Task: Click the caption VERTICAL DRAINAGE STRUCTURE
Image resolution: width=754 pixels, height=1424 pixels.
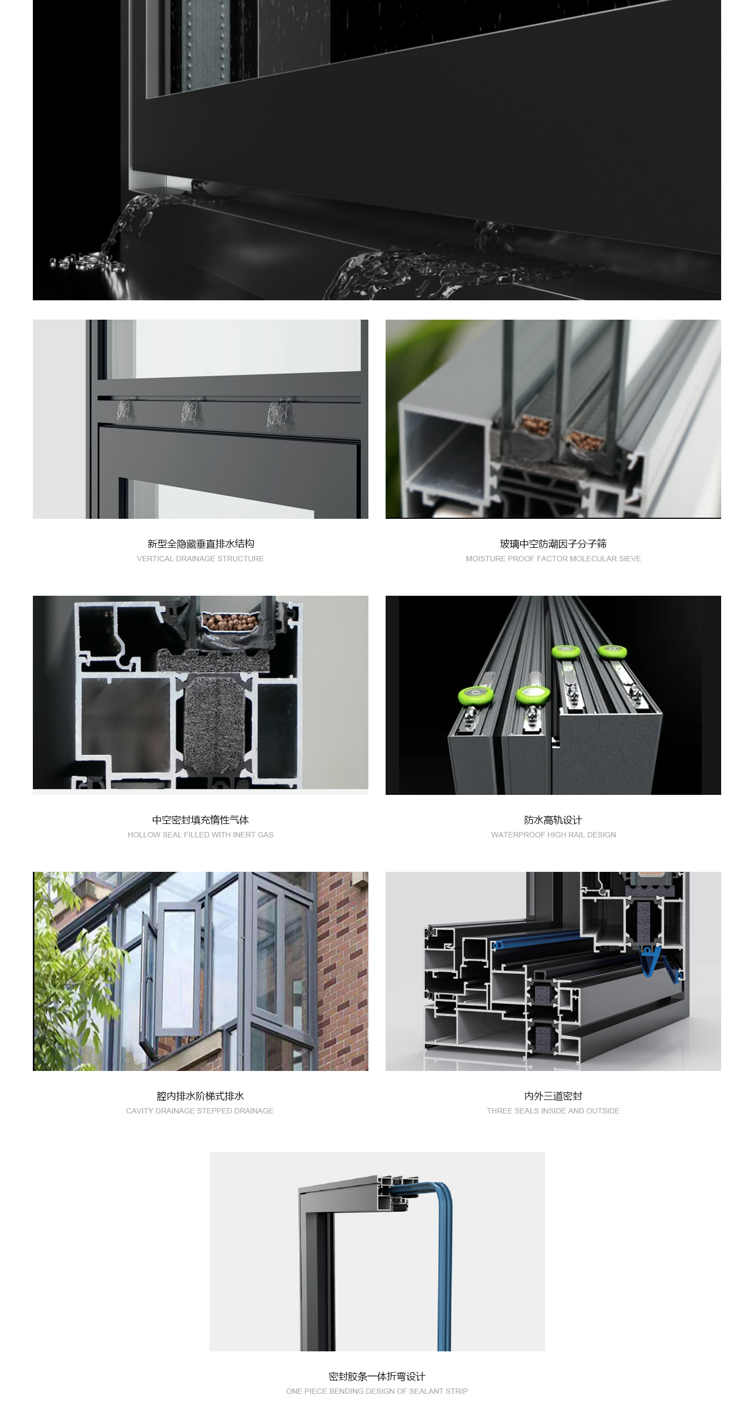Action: (x=200, y=559)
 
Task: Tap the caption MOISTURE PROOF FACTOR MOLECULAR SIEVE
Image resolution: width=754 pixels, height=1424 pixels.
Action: (x=553, y=559)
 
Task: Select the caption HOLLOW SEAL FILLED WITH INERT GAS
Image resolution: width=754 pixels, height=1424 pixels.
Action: (x=200, y=835)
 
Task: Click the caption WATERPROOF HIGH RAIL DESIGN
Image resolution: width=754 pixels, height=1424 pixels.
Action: (x=553, y=835)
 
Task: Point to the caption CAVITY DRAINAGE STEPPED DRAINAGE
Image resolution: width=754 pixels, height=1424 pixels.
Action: (x=200, y=1111)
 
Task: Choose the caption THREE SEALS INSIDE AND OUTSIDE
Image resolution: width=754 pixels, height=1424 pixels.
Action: (x=553, y=1111)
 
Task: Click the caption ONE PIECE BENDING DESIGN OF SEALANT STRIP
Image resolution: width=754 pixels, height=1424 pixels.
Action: (x=376, y=1391)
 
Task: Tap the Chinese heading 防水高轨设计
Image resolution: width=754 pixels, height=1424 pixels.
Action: (x=553, y=820)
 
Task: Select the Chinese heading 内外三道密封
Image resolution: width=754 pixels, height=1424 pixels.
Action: (x=553, y=1096)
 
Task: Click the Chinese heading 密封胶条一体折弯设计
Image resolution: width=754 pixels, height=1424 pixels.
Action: (x=376, y=1376)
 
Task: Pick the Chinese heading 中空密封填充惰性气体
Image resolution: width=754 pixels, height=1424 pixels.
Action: (x=200, y=820)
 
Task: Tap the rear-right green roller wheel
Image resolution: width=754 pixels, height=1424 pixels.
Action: (x=612, y=651)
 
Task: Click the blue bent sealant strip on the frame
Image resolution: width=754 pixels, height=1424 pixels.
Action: (x=444, y=1266)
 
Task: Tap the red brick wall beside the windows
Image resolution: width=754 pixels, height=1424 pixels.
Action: (x=343, y=970)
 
